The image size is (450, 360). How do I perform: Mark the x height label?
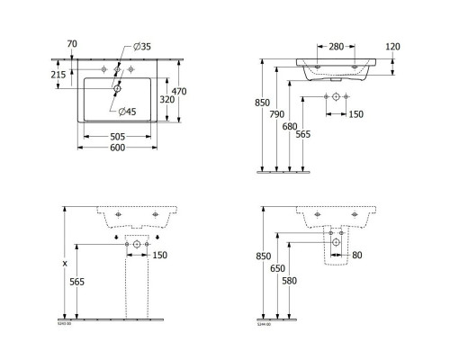coord(66,264)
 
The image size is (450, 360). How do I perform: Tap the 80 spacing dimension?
coord(357,256)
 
